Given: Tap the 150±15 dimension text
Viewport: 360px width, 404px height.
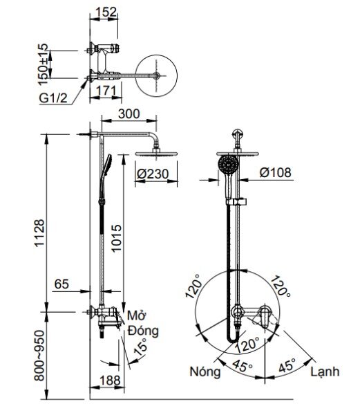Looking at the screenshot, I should [x=43, y=61].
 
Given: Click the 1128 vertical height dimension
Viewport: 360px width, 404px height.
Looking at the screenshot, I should [x=39, y=229].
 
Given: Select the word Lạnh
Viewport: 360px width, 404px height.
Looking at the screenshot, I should [x=325, y=371].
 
